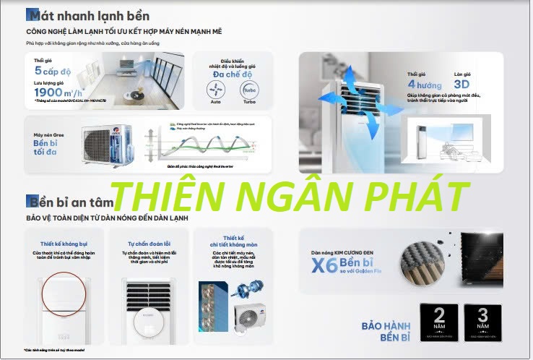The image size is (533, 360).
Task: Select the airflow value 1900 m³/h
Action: (x=57, y=93)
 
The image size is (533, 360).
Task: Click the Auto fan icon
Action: (x=215, y=90)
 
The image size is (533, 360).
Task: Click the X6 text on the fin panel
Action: (x=324, y=266)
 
